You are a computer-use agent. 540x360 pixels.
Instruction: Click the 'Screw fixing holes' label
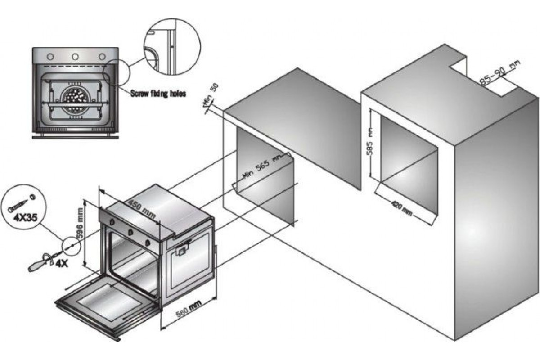click(x=158, y=94)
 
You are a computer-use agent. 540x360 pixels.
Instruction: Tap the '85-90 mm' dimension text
click(x=499, y=74)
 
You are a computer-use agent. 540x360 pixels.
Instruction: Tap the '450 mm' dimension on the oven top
click(x=142, y=209)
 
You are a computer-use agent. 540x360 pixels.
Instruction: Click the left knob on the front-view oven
click(x=50, y=57)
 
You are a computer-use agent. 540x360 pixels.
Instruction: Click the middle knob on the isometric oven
click(x=131, y=233)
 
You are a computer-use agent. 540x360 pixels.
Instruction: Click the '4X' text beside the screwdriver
click(x=61, y=264)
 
